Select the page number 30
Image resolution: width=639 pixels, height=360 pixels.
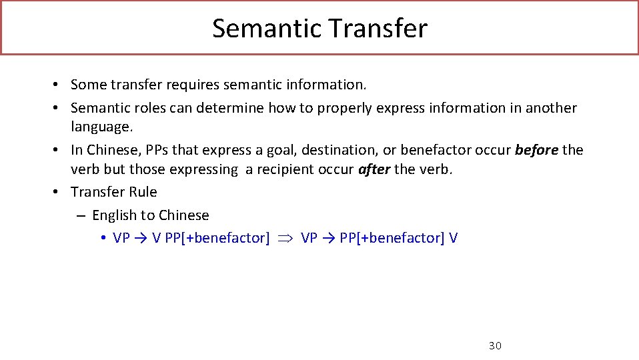[x=495, y=345]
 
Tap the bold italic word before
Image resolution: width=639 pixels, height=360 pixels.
[x=537, y=150]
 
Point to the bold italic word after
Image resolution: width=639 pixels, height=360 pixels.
[x=374, y=169]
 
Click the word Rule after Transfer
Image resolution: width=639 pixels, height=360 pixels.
[x=143, y=192]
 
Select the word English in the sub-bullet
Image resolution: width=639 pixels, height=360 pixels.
[x=114, y=215]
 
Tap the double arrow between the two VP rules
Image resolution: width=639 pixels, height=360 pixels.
[x=285, y=238]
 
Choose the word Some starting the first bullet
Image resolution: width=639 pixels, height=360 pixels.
[x=89, y=85]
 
